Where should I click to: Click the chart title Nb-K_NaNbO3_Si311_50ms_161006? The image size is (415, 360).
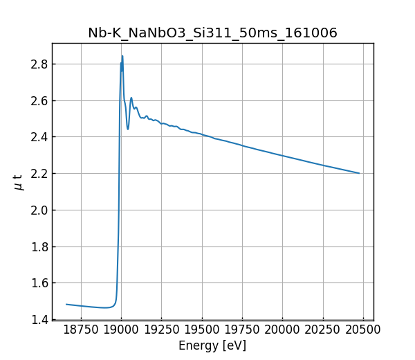tap(212, 33)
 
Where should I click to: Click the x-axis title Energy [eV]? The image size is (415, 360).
tap(212, 345)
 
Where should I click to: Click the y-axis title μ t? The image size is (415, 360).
tap(19, 182)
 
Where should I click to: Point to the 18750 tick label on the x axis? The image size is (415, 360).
tap(81, 330)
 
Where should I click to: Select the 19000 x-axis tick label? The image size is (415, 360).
tap(121, 330)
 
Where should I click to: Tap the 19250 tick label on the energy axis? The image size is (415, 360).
tap(161, 330)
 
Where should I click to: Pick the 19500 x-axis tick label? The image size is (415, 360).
tap(202, 330)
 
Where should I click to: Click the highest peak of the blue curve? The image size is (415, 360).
tap(122, 56)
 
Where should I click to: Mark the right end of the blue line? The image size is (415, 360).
tap(359, 173)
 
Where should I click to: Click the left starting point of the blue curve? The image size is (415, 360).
tap(66, 304)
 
